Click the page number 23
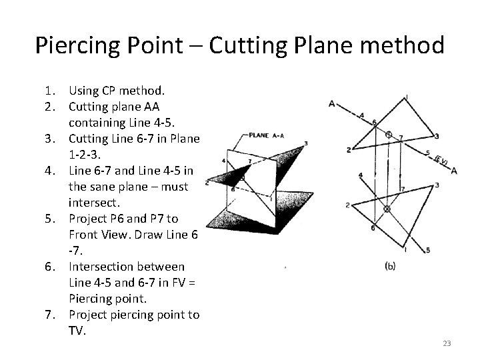(447, 343)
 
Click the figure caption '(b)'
(391, 266)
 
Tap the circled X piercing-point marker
(387, 209)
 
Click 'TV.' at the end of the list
(77, 331)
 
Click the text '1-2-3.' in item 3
(85, 154)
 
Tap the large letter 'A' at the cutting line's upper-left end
(331, 103)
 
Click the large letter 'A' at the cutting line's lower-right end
(453, 170)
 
